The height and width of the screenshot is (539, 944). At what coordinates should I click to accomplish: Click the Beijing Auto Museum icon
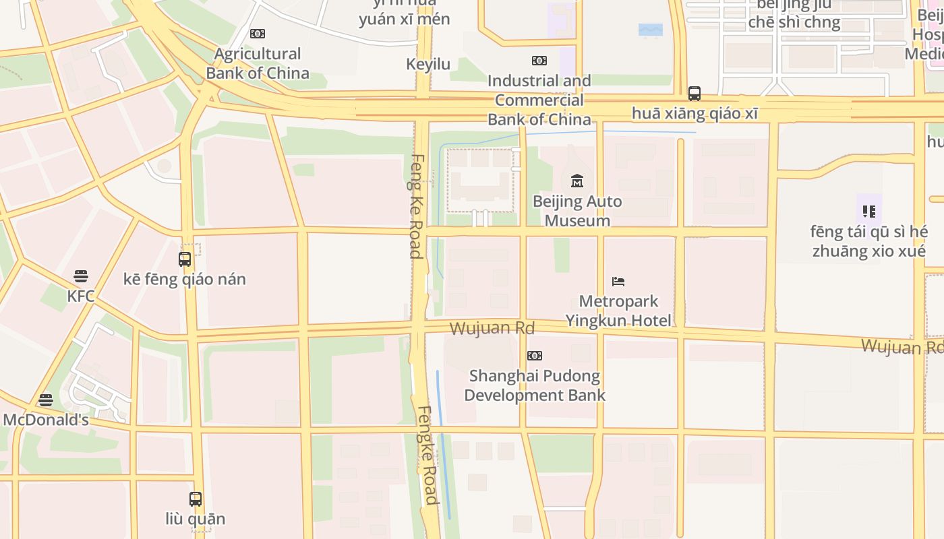pos(577,181)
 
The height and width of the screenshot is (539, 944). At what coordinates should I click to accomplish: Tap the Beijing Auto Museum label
pos(577,211)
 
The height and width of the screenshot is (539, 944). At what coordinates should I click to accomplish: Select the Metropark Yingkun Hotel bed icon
pos(618,281)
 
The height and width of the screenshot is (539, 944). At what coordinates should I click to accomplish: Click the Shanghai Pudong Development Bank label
pos(535,385)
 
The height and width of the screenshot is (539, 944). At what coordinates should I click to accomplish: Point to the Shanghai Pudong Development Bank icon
pos(535,356)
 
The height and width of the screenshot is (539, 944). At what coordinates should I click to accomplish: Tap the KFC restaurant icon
pos(81,276)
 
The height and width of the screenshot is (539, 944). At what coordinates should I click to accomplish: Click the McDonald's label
pos(46,420)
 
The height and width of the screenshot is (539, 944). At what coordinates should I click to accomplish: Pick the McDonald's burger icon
pos(46,400)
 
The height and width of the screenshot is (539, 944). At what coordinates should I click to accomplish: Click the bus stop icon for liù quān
pos(196,499)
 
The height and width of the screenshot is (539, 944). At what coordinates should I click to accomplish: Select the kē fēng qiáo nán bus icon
pos(185,259)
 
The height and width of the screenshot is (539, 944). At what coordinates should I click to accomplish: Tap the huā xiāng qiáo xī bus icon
pos(695,94)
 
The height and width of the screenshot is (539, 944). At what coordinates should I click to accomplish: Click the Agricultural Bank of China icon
pos(258,34)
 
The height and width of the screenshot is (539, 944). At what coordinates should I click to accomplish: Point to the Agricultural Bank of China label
pos(258,63)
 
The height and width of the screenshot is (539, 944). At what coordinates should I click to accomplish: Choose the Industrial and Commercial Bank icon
pos(539,61)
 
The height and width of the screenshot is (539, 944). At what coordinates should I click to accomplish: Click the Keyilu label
pos(428,64)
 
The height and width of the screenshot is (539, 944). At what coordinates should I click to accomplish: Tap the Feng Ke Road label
pos(415,206)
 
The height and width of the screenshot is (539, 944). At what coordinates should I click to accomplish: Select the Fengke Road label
pos(428,455)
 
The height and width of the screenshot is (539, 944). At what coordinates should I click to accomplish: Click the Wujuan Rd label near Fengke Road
pos(492,329)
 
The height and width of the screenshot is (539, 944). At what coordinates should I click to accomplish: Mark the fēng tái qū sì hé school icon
pos(869,212)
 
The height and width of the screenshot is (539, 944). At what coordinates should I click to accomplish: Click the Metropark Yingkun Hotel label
pos(618,311)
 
